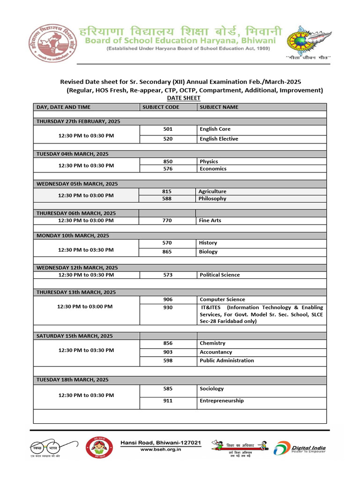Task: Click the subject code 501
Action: (167, 129)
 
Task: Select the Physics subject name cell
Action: (209, 161)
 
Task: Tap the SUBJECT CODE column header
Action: (160, 107)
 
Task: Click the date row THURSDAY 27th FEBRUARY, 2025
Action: (78, 121)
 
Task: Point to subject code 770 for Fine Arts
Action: (167, 220)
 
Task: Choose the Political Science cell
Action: (219, 275)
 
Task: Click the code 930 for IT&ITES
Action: (167, 307)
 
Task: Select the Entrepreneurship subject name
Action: (221, 401)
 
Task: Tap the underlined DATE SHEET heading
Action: (183, 98)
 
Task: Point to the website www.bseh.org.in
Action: (161, 449)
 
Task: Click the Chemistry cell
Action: (212, 343)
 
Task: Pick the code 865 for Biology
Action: (167, 252)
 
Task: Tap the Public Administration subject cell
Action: (226, 360)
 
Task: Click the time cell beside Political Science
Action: (86, 275)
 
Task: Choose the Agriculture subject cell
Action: (212, 191)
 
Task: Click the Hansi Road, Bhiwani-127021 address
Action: (161, 442)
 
